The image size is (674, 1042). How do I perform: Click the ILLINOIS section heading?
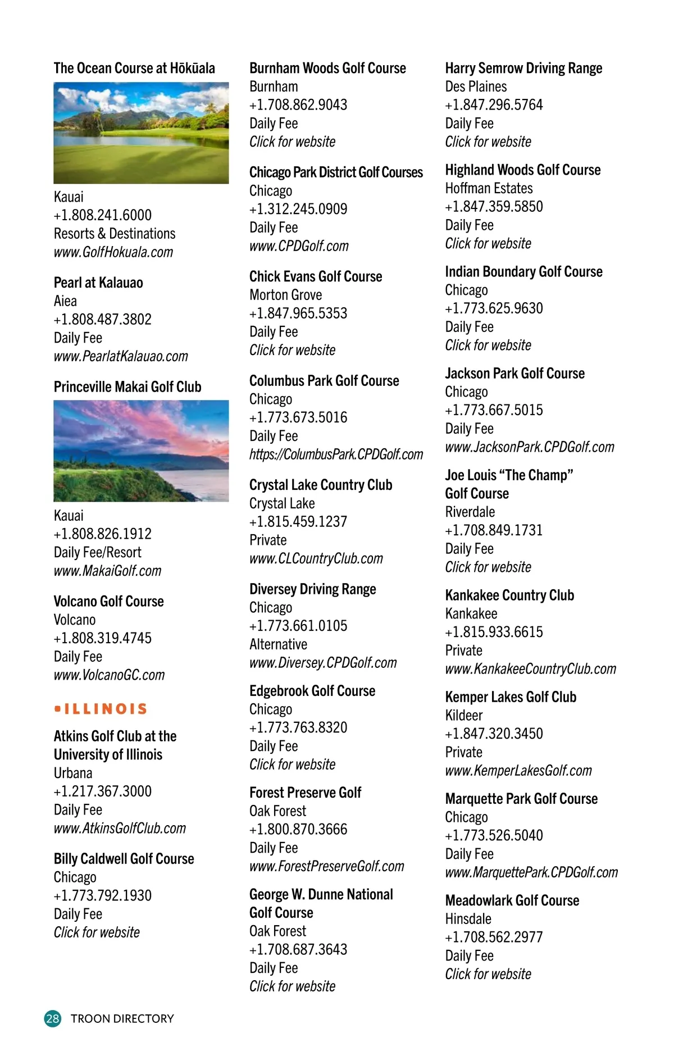point(102,709)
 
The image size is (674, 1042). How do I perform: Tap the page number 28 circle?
point(53,1018)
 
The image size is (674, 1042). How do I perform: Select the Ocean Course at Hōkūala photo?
point(141,133)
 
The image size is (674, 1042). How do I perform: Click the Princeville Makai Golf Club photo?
point(141,451)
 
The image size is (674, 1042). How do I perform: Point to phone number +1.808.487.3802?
point(103,320)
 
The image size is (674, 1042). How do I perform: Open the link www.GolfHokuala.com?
point(113,252)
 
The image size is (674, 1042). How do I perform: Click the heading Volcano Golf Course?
point(108,602)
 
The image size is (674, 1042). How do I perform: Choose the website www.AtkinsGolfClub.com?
point(120,829)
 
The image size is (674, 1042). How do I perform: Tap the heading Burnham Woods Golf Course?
point(327,69)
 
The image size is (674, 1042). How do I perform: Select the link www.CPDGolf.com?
point(299,246)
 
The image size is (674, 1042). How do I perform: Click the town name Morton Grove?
point(285,295)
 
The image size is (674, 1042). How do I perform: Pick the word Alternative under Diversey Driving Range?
point(278,644)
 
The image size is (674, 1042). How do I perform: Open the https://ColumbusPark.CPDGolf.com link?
point(336,454)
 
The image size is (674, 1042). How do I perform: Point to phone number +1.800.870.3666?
point(298,830)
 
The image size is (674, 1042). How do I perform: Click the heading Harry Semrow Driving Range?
point(523,69)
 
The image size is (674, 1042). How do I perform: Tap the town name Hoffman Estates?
point(489,188)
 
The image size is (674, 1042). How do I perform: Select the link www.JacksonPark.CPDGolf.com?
point(530,447)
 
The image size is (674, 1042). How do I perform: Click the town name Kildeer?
point(463,716)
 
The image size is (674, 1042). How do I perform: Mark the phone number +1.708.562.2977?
point(494,938)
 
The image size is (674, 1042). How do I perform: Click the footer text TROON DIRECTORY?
point(122,1018)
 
